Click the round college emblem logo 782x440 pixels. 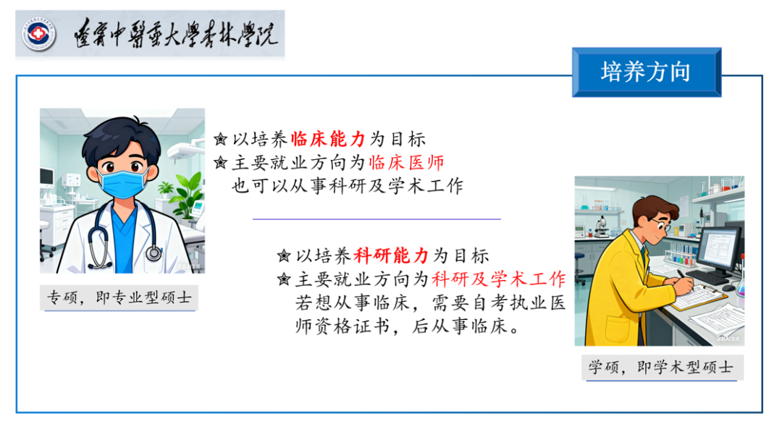pyautogui.click(x=38, y=35)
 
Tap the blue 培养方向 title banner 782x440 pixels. pyautogui.click(x=647, y=72)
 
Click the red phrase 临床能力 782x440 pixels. pyautogui.click(x=328, y=140)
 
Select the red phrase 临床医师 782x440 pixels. pyautogui.click(x=406, y=162)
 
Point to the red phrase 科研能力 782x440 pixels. pyautogui.click(x=391, y=256)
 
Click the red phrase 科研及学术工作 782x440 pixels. pyautogui.click(x=499, y=279)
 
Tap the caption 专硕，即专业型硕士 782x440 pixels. pyautogui.click(x=119, y=298)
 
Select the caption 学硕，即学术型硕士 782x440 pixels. pyautogui.click(x=661, y=368)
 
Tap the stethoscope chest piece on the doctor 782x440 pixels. pyautogui.click(x=154, y=253)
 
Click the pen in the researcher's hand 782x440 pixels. pyautogui.click(x=685, y=279)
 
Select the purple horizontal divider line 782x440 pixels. pyautogui.click(x=377, y=219)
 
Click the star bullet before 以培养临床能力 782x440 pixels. pyautogui.click(x=220, y=139)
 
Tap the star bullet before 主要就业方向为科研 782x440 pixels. pyautogui.click(x=284, y=279)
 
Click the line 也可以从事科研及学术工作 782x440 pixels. pyautogui.click(x=348, y=186)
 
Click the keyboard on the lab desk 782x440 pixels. pyautogui.click(x=707, y=277)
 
